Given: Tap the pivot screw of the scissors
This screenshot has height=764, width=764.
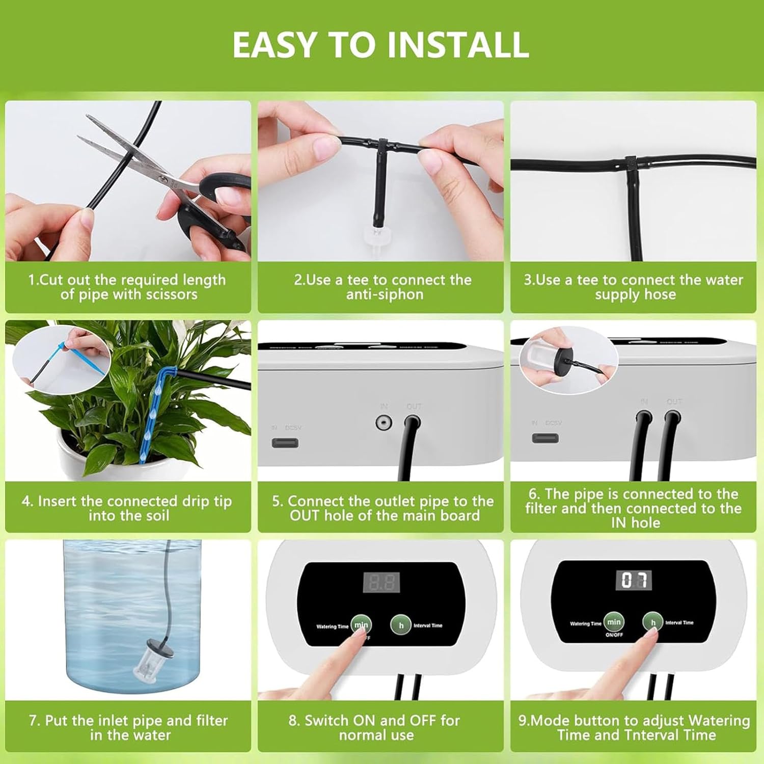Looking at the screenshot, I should coord(162,179).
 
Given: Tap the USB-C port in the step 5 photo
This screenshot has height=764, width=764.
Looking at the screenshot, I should coord(285,442).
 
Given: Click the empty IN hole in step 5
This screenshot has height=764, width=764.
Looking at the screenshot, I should coord(383,422).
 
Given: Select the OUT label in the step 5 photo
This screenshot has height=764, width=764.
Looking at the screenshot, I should coord(414,406).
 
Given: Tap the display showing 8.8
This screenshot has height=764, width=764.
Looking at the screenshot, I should coord(381,582).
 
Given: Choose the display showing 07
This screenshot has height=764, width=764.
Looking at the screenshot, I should coord(634,580).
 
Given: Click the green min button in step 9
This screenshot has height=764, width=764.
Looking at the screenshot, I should coord(614,622).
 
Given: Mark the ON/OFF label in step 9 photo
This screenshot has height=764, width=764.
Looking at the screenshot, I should coord(614,635).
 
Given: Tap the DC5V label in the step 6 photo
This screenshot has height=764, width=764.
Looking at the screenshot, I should coord(553,423).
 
